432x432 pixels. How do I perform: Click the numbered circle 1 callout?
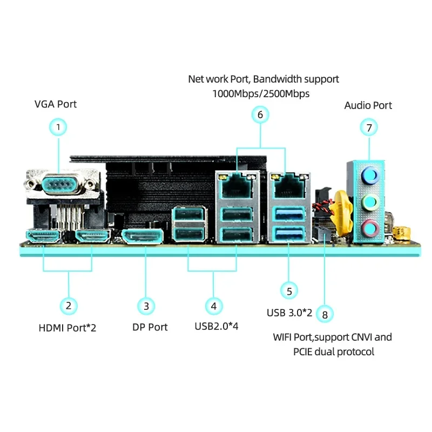click(x=58, y=127)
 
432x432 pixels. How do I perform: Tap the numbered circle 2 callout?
click(x=68, y=306)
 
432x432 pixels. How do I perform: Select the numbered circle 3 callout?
click(x=146, y=306)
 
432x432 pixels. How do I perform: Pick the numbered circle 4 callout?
click(x=214, y=306)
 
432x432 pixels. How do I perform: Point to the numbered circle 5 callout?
click(x=289, y=291)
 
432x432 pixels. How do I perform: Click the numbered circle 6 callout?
click(x=260, y=114)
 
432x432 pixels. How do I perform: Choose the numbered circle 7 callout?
click(x=369, y=127)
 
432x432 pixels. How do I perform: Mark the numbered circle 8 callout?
click(x=324, y=314)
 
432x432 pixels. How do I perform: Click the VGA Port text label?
click(x=56, y=104)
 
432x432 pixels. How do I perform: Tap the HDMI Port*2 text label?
click(x=67, y=327)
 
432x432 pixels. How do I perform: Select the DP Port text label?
click(x=150, y=327)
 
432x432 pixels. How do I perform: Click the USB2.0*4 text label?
click(x=216, y=326)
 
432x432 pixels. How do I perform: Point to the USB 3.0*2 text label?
click(x=289, y=313)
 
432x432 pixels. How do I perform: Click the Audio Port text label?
click(x=368, y=105)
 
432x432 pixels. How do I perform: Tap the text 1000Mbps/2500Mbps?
click(x=261, y=93)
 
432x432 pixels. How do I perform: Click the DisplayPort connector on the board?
click(x=142, y=237)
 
